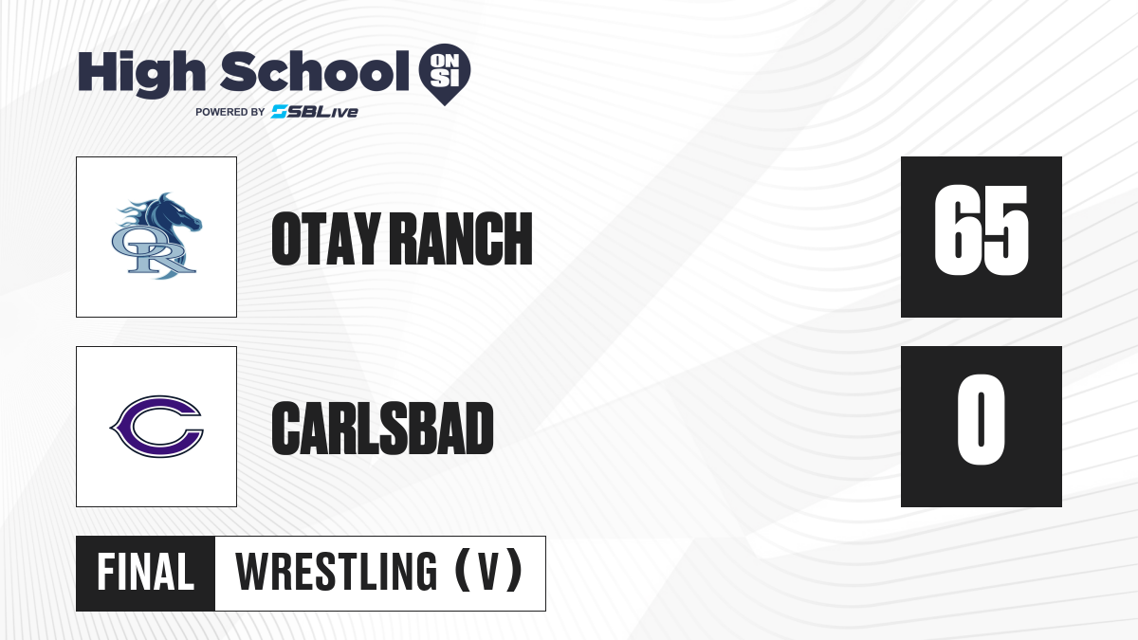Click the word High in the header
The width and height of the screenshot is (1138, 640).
point(141,74)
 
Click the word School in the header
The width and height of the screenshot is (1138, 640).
point(315,72)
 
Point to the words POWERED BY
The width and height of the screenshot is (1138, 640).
point(230,112)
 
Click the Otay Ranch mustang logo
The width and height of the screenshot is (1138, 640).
point(156,236)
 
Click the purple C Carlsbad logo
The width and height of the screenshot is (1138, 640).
point(156,427)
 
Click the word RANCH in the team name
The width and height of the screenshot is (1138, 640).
point(464,239)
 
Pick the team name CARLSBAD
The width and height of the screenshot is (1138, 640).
point(382,429)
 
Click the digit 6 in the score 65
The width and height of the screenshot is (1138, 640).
point(957,230)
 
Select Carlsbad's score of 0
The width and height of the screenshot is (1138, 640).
point(981,419)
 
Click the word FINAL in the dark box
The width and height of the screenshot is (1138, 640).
point(146,573)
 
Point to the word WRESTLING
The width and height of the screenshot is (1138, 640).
point(337,573)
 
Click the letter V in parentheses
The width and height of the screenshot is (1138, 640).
point(489,573)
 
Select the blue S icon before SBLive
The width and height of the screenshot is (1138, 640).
point(279,112)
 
